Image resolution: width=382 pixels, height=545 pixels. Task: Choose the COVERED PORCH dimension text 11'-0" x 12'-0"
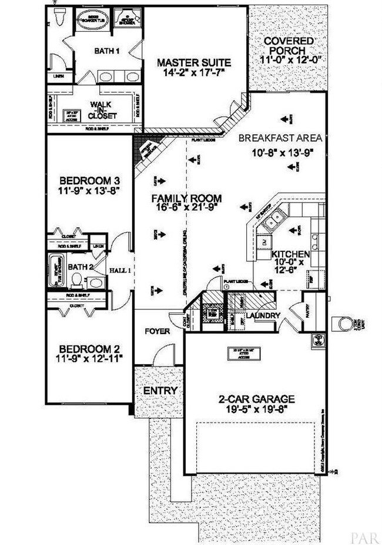tap(287, 60)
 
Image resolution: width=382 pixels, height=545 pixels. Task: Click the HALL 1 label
tap(120, 270)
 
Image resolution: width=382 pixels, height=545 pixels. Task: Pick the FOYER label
tap(157, 331)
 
